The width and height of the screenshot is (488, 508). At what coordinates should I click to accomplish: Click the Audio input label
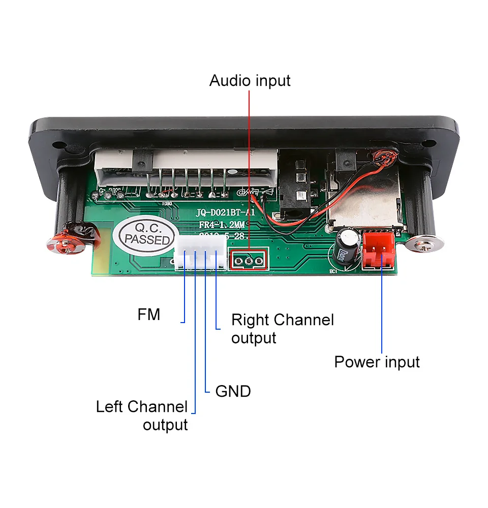(250, 81)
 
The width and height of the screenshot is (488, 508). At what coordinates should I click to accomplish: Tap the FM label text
(149, 315)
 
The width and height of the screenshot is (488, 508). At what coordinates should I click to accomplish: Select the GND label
(233, 391)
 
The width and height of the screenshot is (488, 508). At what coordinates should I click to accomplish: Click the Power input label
(377, 362)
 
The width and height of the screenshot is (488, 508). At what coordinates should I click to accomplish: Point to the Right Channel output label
(282, 329)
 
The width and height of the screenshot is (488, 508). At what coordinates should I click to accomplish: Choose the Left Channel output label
(142, 416)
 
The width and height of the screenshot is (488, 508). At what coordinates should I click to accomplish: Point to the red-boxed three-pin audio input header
(249, 261)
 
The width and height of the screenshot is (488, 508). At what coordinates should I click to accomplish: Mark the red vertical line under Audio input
(249, 168)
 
